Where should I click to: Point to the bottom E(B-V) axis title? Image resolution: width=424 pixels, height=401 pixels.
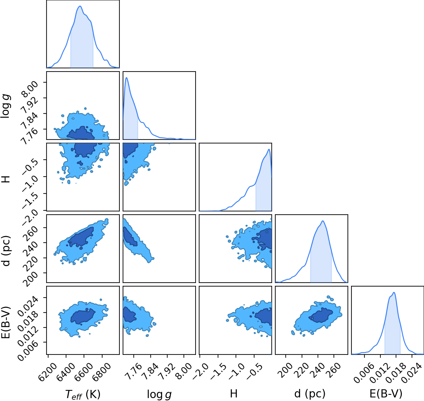[386, 394]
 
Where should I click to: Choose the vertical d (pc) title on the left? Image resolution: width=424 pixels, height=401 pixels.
[6, 251]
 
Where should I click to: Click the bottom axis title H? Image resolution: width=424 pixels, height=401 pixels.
[234, 394]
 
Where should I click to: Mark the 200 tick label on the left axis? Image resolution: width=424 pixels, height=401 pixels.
[32, 279]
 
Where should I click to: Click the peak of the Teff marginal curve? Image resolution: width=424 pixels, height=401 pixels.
[80, 6]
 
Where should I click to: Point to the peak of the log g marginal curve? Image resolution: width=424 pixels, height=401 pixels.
[127, 78]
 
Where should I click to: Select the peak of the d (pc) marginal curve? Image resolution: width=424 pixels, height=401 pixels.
[322, 221]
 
